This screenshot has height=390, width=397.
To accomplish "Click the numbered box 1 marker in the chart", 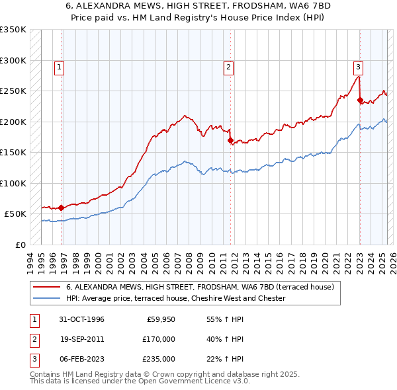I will pyautogui.click(x=60, y=66).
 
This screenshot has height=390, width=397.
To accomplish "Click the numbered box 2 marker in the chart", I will pyautogui.click(x=228, y=66).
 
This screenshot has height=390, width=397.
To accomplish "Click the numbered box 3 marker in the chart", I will pyautogui.click(x=357, y=66).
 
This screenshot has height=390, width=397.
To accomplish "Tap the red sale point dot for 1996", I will pyautogui.click(x=61, y=208).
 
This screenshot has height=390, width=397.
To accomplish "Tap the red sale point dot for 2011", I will pyautogui.click(x=230, y=140).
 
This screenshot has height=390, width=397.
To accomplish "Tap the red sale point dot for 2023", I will pyautogui.click(x=360, y=100).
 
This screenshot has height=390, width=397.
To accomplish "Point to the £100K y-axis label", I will pyautogui.click(x=13, y=183).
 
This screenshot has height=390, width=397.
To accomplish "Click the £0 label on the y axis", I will pyautogui.click(x=20, y=245).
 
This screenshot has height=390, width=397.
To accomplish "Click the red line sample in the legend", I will pyautogui.click(x=46, y=287).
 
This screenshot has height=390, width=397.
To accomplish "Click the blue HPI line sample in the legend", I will pyautogui.click(x=46, y=298).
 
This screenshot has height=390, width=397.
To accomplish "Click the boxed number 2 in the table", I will pyautogui.click(x=34, y=339).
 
